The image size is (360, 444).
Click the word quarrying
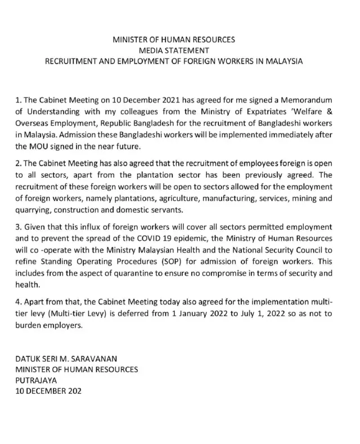pos(29,209)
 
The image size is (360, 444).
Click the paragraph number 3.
pos(17,234)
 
